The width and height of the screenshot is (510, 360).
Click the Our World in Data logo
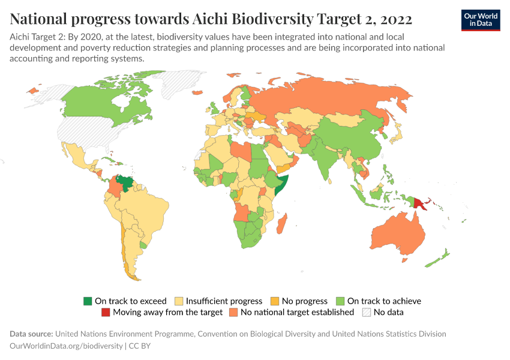480,20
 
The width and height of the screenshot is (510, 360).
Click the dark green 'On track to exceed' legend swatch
88,301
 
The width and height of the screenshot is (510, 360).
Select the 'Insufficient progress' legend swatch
179,301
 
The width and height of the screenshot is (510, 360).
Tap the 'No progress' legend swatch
275,301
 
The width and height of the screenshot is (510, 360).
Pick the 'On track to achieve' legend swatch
340,301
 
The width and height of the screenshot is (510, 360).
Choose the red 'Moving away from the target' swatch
106,312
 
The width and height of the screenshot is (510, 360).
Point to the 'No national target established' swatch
233,312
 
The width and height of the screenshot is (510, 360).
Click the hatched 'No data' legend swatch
366,312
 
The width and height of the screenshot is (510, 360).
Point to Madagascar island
284,226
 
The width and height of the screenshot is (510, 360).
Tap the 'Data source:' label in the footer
31,334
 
